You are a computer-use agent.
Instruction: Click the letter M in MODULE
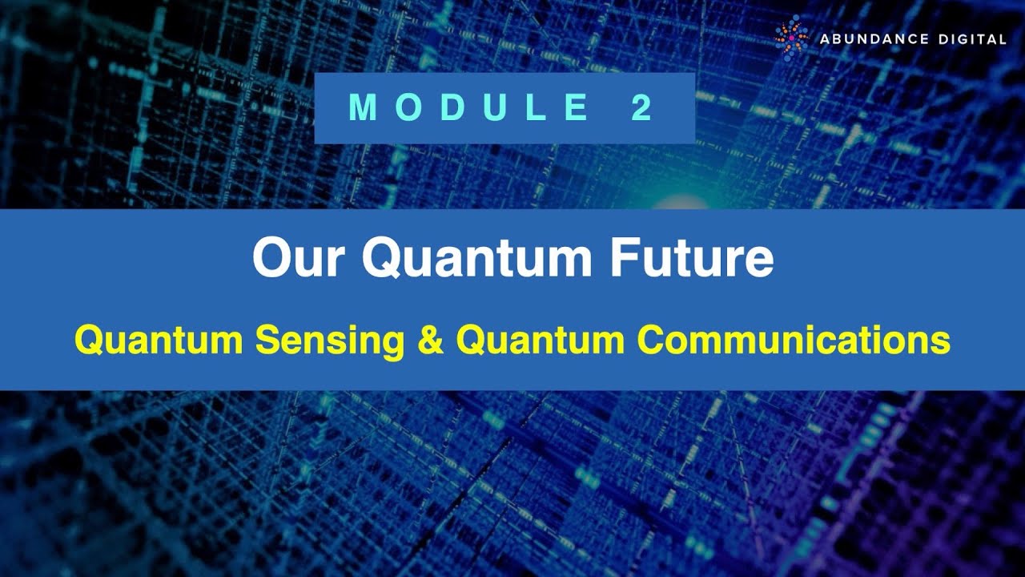[363, 108]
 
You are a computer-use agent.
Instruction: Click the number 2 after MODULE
[642, 108]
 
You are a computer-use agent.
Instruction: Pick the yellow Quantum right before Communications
[540, 341]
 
